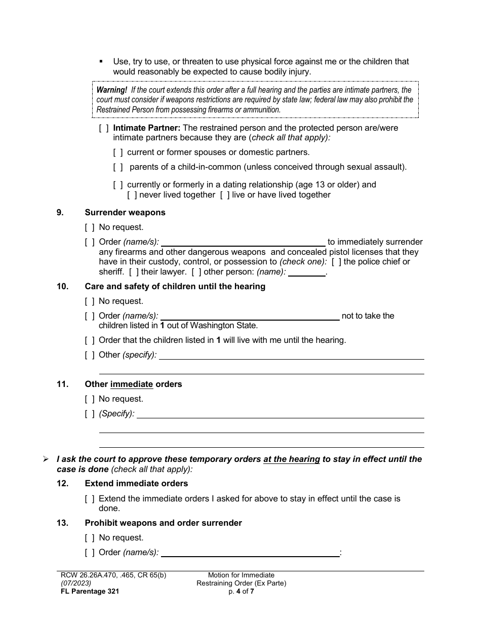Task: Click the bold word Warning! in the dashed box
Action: (112, 90)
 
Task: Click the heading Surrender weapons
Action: (125, 213)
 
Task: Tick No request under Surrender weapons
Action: (90, 227)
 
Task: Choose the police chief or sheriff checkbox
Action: (336, 262)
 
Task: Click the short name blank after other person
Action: (307, 272)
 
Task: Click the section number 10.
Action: (62, 287)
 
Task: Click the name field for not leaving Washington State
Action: (250, 316)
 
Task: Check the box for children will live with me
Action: (90, 340)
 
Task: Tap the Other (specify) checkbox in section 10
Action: (90, 355)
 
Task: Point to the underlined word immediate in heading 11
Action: (132, 384)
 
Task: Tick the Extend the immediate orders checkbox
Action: (90, 499)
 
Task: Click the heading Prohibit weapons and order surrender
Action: (163, 523)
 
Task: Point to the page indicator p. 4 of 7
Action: (242, 591)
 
